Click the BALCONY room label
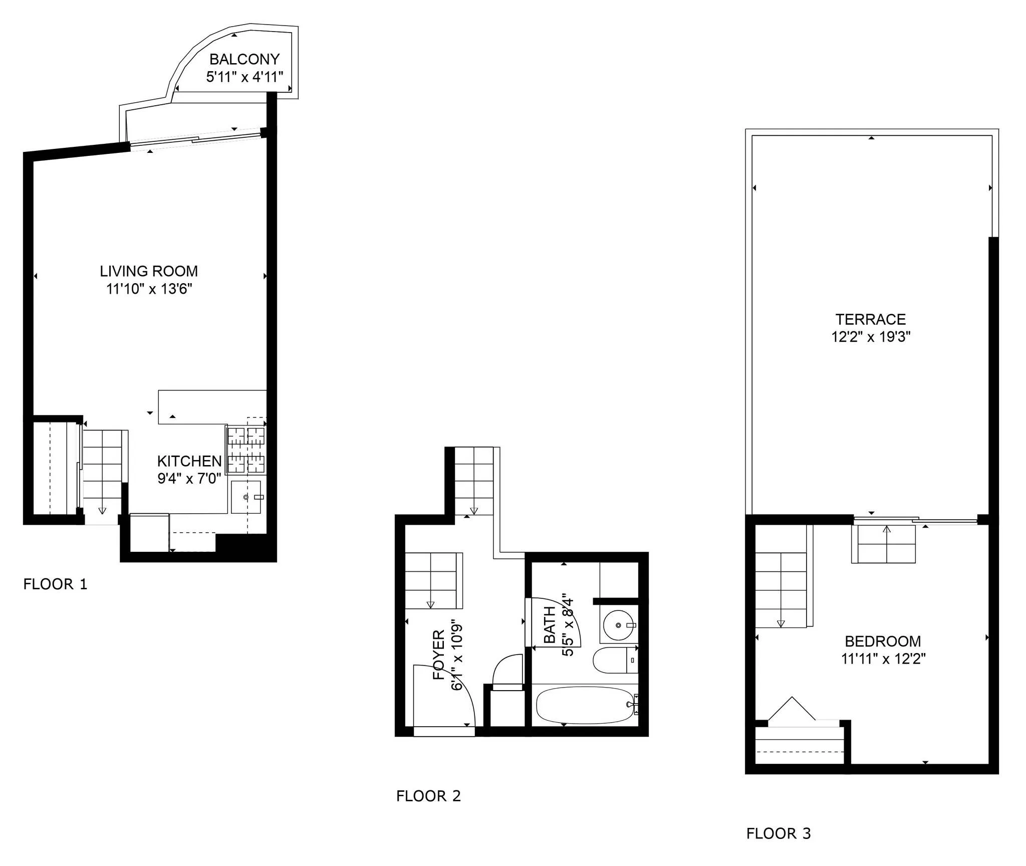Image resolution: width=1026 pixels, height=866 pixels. (x=244, y=59)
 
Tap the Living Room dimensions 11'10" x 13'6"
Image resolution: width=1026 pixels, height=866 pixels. (x=149, y=289)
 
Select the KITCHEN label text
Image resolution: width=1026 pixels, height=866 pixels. (x=189, y=461)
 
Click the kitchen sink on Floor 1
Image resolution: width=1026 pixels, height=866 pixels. (x=246, y=497)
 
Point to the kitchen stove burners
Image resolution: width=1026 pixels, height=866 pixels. (x=246, y=450)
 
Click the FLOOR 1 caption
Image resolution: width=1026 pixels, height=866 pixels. (x=55, y=584)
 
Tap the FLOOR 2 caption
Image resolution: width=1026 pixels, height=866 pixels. (x=428, y=796)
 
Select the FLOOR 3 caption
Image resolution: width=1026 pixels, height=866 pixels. (x=778, y=834)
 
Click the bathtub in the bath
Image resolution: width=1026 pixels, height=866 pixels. (x=585, y=705)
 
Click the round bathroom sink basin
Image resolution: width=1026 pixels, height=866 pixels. (x=619, y=625)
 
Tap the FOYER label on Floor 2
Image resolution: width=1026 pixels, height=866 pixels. (x=439, y=655)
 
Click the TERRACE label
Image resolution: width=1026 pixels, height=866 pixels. (x=870, y=319)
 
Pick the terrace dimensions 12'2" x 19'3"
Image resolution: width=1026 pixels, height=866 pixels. (x=870, y=337)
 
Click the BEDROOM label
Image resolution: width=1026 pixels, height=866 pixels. (x=883, y=641)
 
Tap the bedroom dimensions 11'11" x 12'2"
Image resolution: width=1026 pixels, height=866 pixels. (x=883, y=659)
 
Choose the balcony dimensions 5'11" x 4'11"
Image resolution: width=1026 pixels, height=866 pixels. (x=244, y=77)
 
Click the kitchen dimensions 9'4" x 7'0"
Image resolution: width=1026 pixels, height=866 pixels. (x=189, y=479)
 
